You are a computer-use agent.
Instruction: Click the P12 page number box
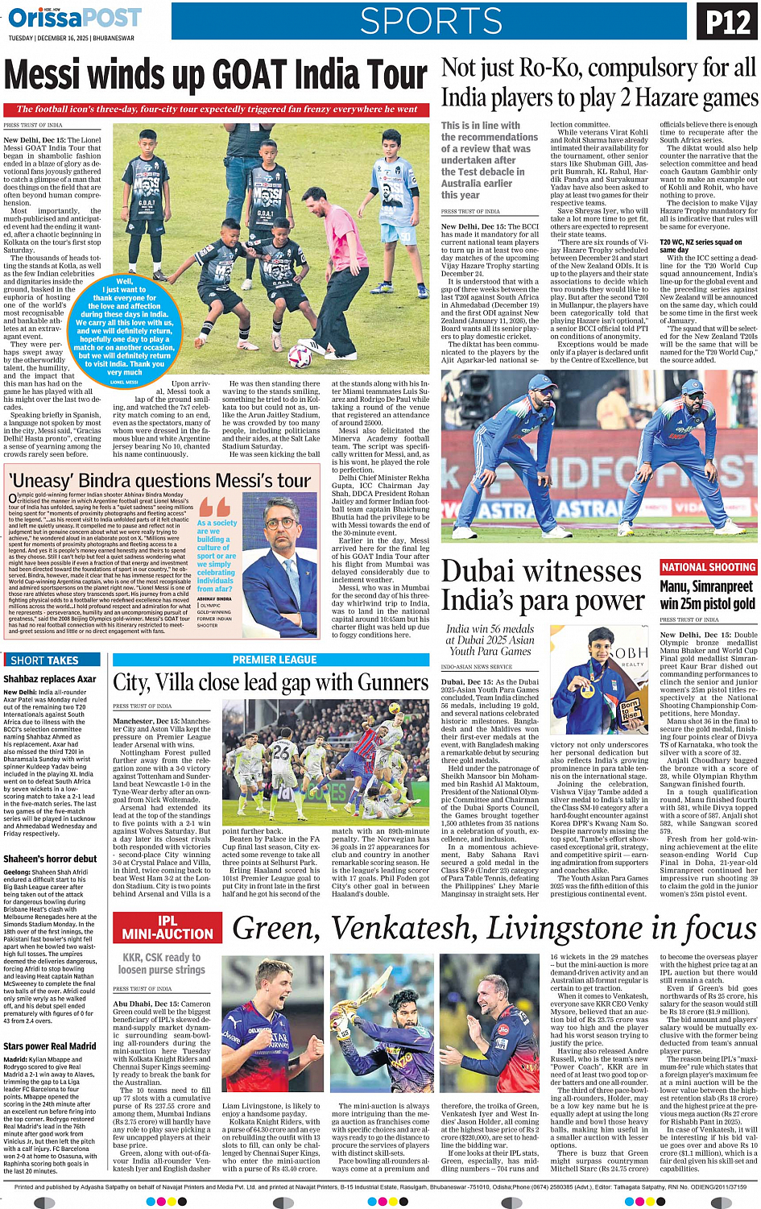[727, 22]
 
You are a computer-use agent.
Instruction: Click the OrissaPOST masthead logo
[74, 18]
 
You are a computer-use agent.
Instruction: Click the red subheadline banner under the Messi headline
[217, 109]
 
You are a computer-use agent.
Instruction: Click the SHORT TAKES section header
[45, 660]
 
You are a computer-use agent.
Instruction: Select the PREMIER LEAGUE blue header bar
[275, 660]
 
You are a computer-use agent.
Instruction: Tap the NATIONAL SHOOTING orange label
[708, 567]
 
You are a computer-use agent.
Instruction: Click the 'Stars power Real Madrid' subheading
[49, 1046]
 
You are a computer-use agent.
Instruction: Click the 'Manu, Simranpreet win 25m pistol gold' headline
[707, 595]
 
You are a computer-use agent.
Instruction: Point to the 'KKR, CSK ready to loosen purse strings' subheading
[162, 963]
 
